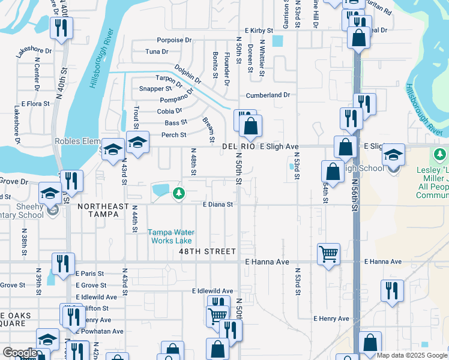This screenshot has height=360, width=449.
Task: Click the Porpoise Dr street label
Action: coord(174,40)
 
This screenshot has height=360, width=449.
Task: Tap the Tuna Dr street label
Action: coord(156,52)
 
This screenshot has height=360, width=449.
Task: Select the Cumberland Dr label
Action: coord(268,95)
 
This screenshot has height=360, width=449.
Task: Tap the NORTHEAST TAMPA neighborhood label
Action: coord(103,206)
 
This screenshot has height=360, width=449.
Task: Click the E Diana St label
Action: coord(217,205)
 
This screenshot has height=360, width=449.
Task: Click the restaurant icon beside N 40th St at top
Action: coord(61,27)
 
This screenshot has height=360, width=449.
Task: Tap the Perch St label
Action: coord(174,135)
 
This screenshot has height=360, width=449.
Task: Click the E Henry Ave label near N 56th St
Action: coord(331,319)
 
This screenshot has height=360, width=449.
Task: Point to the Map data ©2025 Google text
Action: coord(412,355)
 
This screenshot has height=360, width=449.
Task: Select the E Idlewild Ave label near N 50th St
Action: coord(212,291)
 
